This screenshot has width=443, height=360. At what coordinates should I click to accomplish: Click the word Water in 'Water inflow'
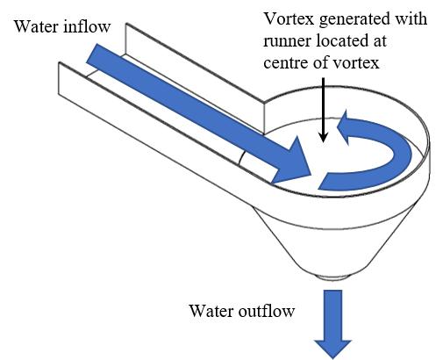pos(36,26)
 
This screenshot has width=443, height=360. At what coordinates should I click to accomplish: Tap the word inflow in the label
pos(87,26)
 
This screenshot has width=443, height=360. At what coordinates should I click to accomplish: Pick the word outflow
pos(267,311)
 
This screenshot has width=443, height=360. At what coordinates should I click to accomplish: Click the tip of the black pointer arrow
pos(323,142)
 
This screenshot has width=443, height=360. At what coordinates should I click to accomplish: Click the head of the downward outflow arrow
pos(332,349)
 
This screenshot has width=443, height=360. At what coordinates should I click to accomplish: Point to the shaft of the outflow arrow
pos(332,315)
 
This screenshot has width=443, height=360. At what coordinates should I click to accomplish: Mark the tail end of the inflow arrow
pos(92,54)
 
